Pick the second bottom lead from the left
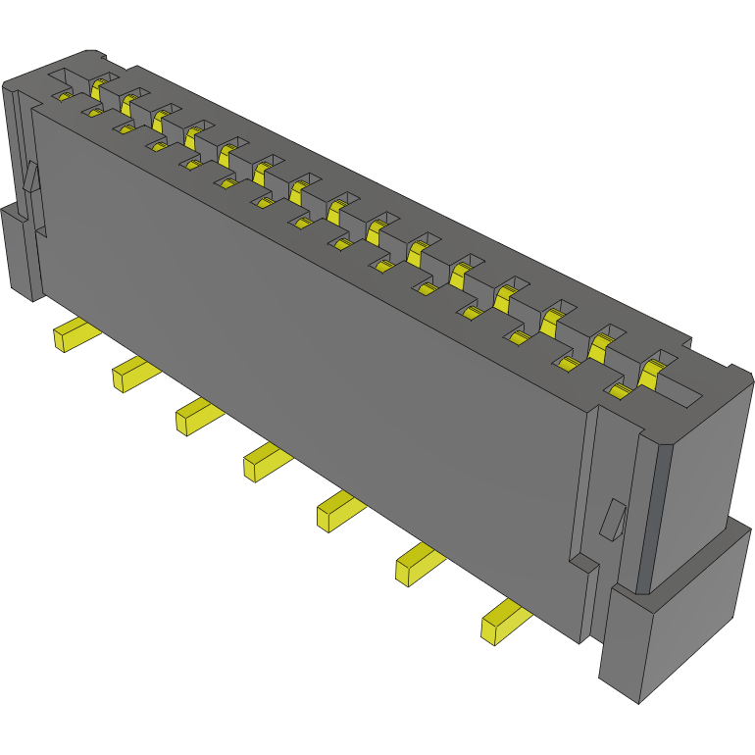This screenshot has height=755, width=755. (132, 375)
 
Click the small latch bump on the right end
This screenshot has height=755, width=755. (613, 519)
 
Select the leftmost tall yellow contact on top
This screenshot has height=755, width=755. (97, 89)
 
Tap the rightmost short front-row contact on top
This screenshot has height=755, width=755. (619, 391)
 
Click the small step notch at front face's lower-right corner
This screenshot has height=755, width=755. (582, 564)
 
